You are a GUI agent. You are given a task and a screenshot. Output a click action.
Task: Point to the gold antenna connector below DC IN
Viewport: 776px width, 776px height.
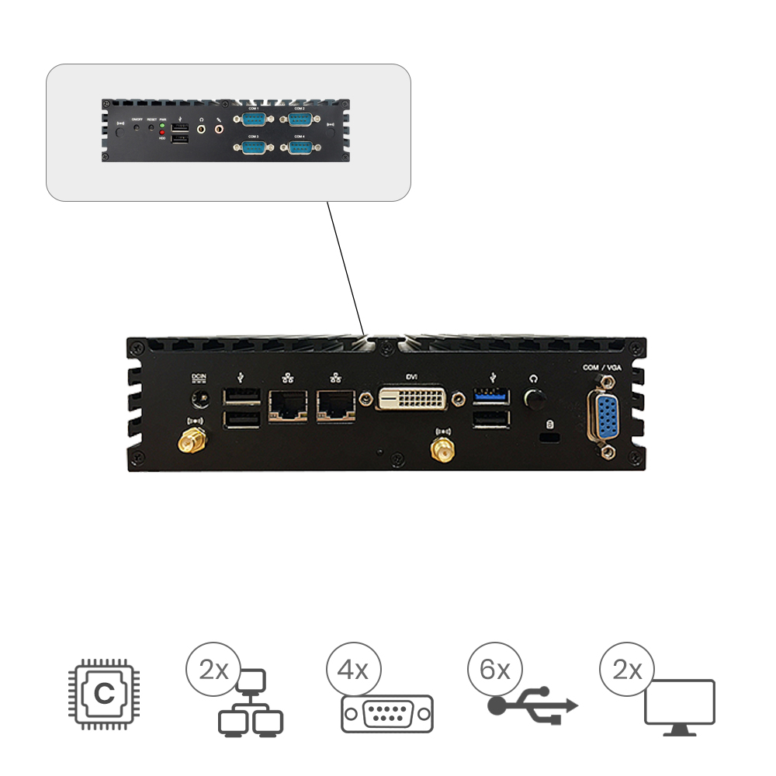(192, 442)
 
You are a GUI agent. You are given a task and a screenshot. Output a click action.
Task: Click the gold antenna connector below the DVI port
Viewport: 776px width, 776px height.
(443, 450)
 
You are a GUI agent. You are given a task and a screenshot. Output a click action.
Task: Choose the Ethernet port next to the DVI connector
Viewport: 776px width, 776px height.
(336, 404)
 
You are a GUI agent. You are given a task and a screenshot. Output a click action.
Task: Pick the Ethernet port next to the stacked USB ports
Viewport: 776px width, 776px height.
(287, 404)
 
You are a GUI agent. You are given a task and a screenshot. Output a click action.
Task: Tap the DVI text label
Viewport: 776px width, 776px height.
(414, 376)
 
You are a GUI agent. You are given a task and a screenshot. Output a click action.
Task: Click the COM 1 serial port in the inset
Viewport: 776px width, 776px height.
(254, 119)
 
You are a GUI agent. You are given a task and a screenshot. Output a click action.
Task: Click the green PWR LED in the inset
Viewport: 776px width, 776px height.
(162, 125)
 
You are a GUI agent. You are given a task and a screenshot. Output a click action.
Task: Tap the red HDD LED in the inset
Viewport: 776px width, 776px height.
(162, 133)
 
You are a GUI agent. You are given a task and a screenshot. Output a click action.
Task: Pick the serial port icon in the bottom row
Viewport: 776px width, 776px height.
(386, 713)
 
